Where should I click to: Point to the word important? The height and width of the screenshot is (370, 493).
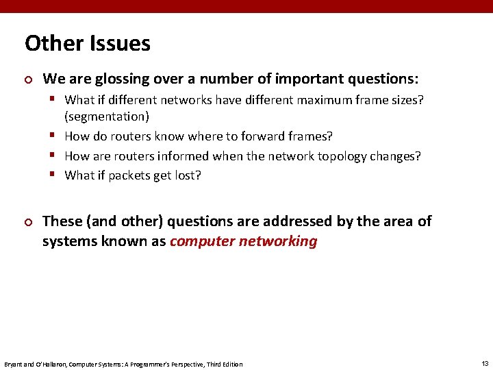pyautogui.click(x=292, y=78)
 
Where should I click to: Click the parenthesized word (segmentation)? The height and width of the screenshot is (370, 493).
pyautogui.click(x=107, y=117)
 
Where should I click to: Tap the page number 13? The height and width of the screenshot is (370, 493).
pyautogui.click(x=485, y=363)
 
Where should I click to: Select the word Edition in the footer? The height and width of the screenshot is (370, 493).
pyautogui.click(x=231, y=364)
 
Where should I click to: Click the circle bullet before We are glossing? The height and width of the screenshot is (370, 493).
pyautogui.click(x=28, y=79)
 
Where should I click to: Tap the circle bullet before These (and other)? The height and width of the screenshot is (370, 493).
pyautogui.click(x=28, y=222)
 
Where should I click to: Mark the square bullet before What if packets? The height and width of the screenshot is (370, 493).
pyautogui.click(x=53, y=175)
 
